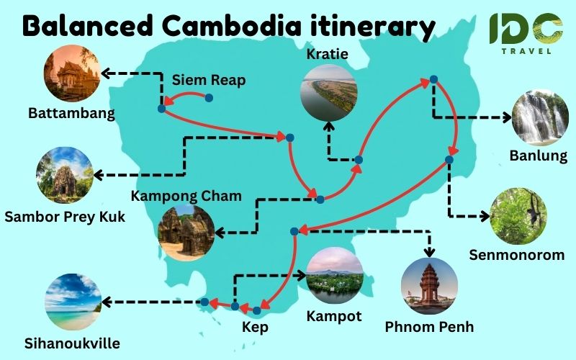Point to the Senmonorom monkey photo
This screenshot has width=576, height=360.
518,217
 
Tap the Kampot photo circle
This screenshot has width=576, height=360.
334,279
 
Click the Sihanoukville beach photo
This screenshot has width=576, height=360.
71,301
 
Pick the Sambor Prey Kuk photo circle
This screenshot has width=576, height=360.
64,175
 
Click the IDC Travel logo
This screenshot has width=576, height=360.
526,32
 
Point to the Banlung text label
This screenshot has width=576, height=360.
539,156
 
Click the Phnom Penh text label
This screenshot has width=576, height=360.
429,327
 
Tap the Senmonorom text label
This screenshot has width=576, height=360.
521,255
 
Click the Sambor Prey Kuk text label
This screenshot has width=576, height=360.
64,216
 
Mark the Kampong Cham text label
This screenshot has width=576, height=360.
186,196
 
